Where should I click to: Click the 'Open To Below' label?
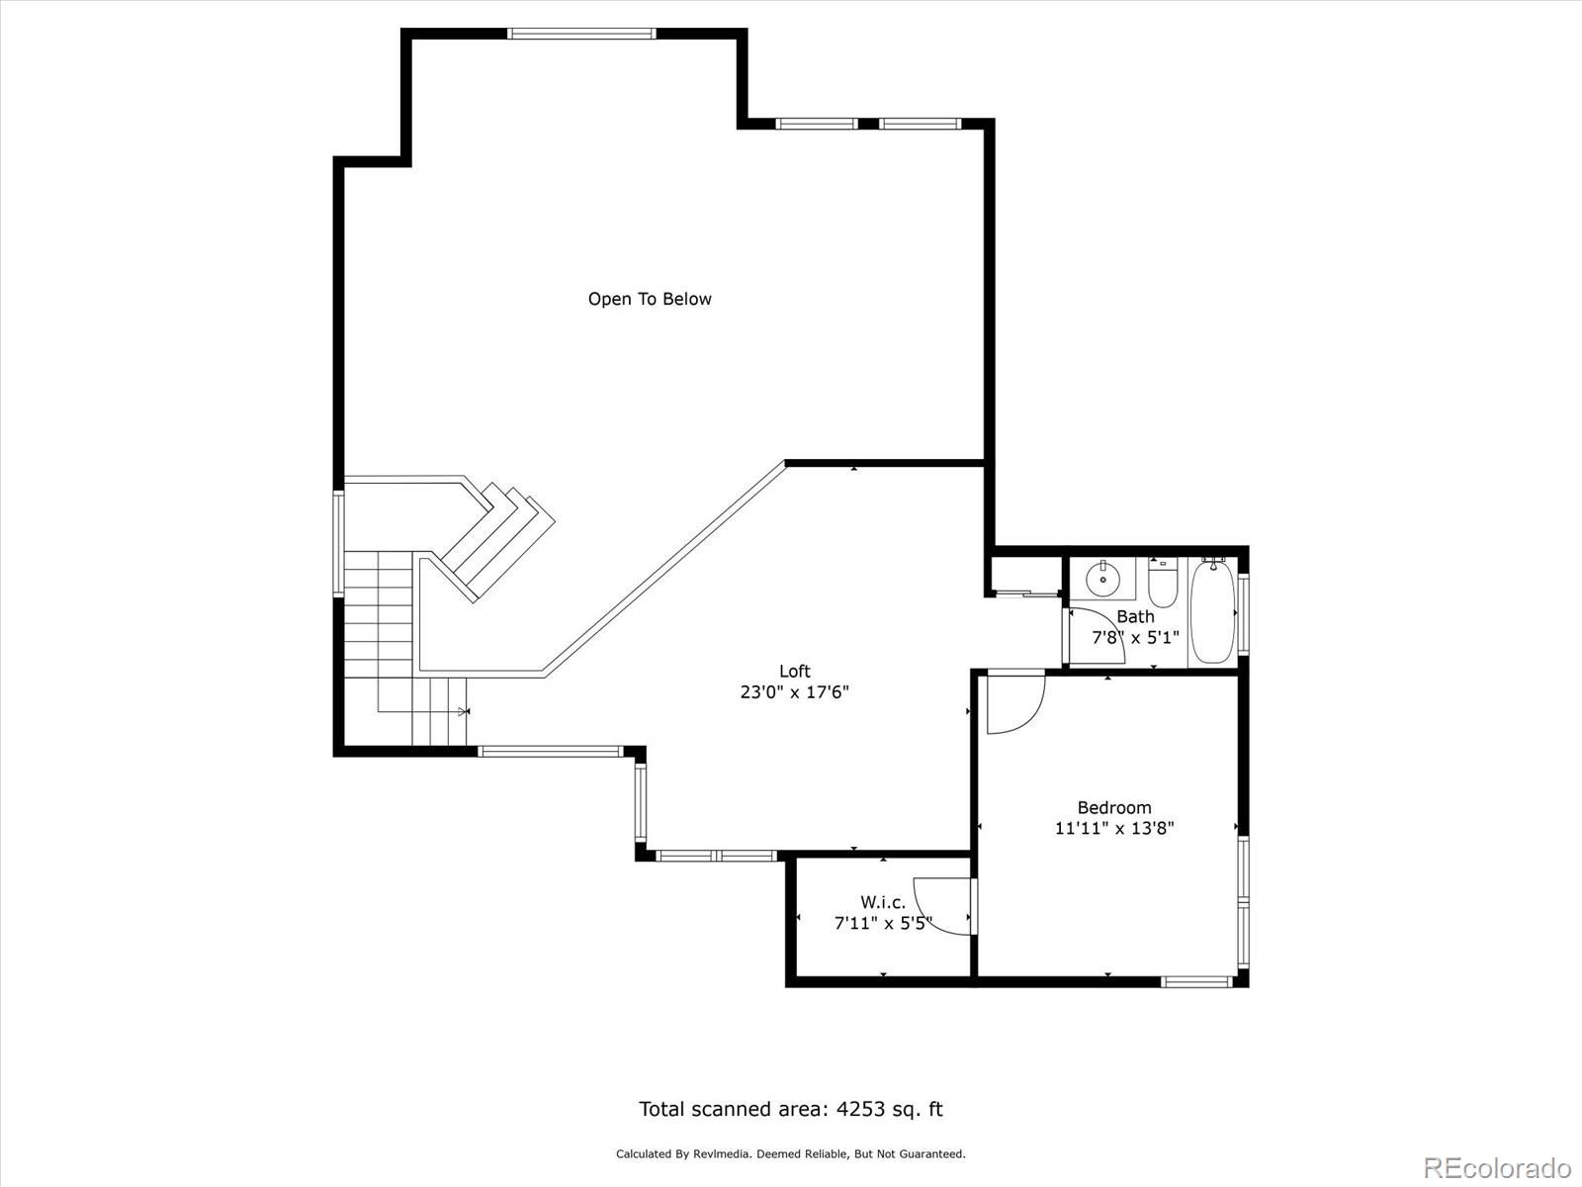coord(650,299)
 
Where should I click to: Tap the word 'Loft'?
coord(795,671)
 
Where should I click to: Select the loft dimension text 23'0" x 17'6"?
coord(794,692)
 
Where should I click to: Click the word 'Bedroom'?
coord(1114,808)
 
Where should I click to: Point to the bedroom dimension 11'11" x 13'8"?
coord(1114,829)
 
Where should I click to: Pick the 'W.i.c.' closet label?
coord(883,902)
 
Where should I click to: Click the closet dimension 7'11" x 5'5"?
coord(883,923)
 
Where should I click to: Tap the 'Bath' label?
coord(1135,617)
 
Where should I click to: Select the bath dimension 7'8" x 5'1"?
coord(1135,638)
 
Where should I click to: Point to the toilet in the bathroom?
coord(1163,583)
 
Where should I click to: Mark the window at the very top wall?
coord(581,34)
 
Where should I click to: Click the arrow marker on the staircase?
coord(464,711)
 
